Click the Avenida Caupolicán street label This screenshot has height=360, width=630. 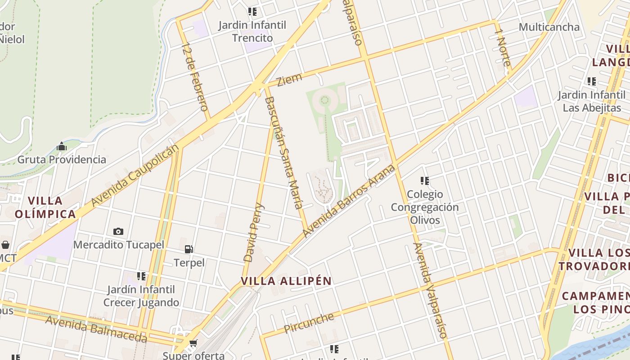coord(135,175)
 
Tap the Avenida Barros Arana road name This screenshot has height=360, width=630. coord(349,201)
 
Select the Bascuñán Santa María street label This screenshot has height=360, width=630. coord(284,153)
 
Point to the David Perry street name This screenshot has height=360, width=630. coord(254,233)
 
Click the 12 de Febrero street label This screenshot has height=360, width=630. coord(195,77)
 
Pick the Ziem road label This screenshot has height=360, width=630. coord(289,80)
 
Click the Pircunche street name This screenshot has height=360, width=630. coord(309,323)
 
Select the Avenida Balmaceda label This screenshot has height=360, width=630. coord(96,329)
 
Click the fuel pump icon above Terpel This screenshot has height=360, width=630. coord(189,249)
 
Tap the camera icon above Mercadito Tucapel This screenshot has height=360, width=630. coord(118,231)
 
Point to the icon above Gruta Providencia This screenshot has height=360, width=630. coord(62,146)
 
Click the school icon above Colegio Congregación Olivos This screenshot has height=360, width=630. coord(424,181)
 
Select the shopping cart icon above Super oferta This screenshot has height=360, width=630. coord(193,344)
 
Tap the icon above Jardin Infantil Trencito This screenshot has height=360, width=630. coord(252,12)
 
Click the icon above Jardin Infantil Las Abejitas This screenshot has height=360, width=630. coord(591,81)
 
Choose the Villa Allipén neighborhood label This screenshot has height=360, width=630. coord(286,281)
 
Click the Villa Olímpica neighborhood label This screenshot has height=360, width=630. coord(45,207)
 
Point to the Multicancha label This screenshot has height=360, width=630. coord(549,27)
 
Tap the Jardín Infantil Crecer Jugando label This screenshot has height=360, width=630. coord(141,296)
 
